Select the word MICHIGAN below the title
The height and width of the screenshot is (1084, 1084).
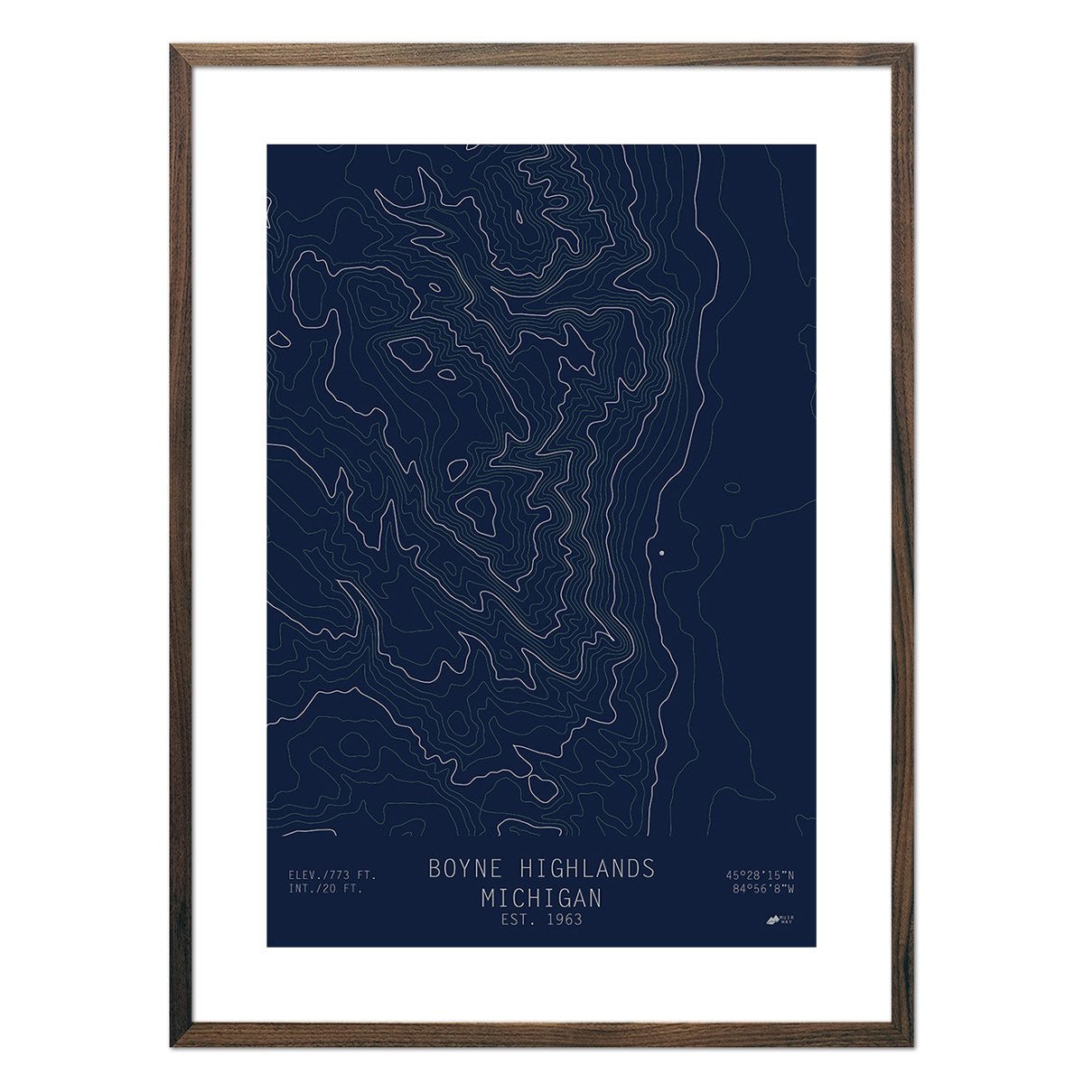click(541, 899)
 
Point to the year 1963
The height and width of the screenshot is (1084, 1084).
click(564, 920)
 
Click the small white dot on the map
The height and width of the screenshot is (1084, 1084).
click(661, 551)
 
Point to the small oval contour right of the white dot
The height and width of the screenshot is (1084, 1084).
click(732, 488)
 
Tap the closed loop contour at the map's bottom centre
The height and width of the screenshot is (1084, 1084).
click(543, 788)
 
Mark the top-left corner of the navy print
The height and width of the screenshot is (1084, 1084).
click(267, 145)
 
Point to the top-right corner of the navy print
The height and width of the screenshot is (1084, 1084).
click(816, 145)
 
